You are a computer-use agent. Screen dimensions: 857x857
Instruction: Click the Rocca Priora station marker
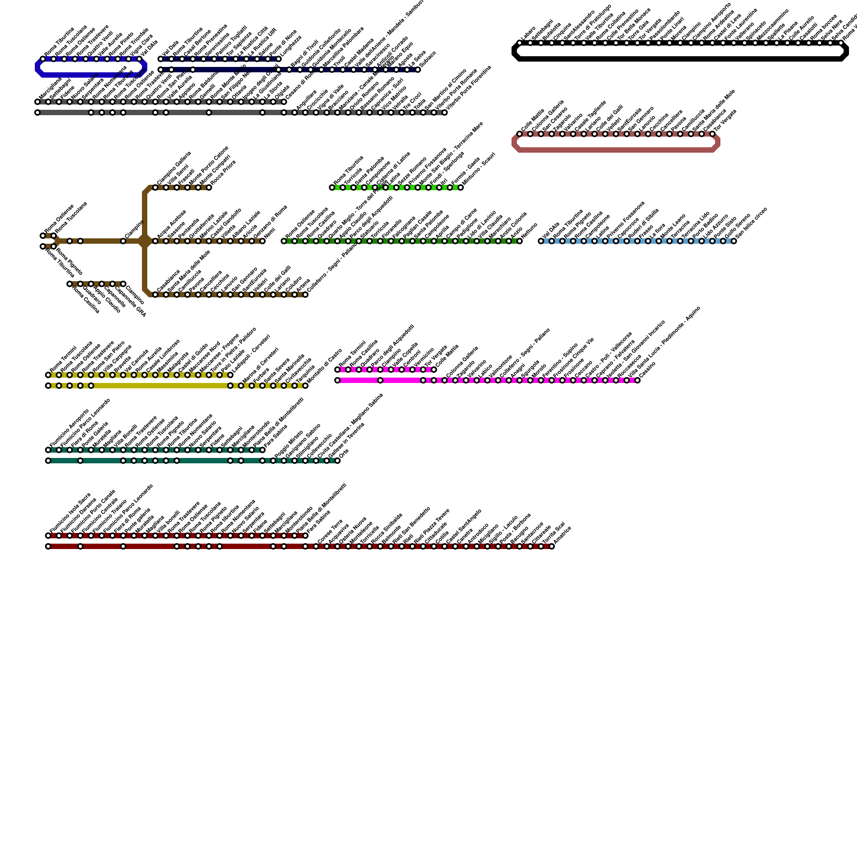click(x=209, y=187)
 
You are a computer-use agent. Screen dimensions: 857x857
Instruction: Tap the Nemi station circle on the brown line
click(x=262, y=241)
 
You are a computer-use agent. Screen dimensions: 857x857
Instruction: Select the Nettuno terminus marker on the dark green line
click(x=520, y=241)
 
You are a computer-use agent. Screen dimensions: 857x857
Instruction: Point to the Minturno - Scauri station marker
click(x=461, y=187)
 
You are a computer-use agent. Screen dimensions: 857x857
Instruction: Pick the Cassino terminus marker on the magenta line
click(x=637, y=380)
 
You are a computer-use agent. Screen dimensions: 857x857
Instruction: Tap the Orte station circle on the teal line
click(x=337, y=461)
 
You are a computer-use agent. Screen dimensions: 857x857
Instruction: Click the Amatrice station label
click(x=562, y=537)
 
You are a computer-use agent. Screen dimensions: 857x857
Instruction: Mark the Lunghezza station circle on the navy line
click(x=279, y=59)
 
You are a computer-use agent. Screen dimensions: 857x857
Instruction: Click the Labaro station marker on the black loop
click(x=520, y=43)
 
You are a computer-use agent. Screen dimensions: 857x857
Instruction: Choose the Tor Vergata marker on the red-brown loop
click(x=712, y=134)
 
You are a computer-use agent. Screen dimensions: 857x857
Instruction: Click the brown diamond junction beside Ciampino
click(x=145, y=241)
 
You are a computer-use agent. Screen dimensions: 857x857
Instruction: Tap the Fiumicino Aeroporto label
click(x=69, y=428)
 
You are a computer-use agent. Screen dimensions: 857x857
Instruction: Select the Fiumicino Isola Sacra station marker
click(x=48, y=536)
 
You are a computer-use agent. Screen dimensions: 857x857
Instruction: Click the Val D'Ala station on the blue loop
click(x=139, y=59)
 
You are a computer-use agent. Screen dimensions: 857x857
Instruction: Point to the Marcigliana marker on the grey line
click(x=37, y=102)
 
